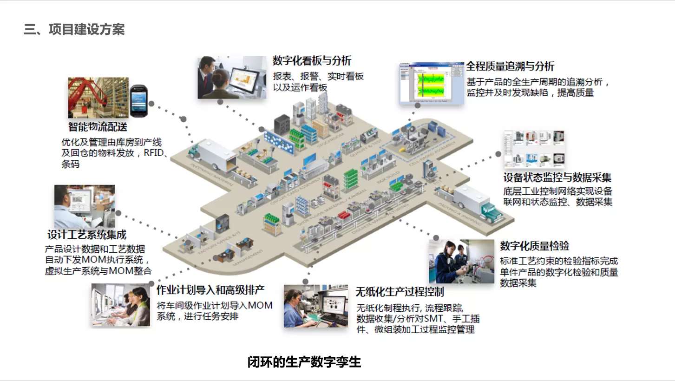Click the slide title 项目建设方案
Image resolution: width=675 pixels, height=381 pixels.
pos(74,30)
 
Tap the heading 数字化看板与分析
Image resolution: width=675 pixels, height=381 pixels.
pos(312,60)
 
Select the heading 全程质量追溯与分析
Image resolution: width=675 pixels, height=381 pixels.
pos(510,66)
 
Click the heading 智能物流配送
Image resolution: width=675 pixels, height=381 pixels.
pos(98,126)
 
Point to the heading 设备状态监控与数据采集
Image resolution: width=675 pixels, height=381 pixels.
pos(557,177)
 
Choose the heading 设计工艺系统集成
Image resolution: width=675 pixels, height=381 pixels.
pos(87,235)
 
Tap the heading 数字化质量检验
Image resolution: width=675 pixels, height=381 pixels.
pos(534,246)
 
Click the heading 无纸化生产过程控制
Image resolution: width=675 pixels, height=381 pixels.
pos(400,292)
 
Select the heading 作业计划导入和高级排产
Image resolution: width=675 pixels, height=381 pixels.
pos(210,290)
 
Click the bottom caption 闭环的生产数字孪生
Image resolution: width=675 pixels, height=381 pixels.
pos(304,362)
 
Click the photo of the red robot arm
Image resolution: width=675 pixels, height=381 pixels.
pos(98,98)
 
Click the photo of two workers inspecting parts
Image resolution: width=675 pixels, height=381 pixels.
pos(461,262)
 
